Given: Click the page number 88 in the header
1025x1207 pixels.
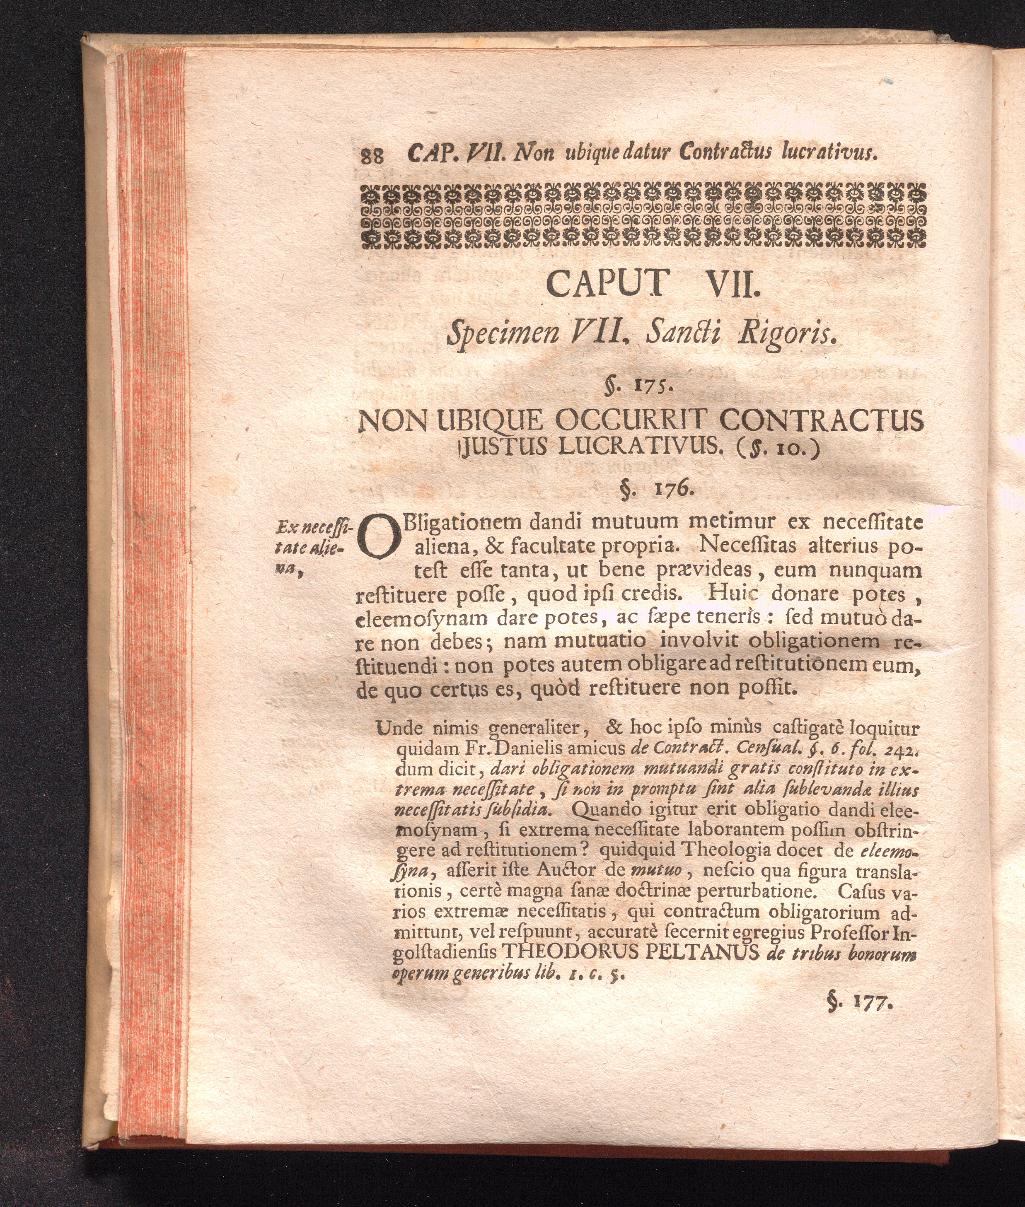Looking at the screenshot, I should click(x=372, y=156).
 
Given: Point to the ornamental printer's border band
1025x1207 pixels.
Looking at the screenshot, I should click(x=643, y=216).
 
